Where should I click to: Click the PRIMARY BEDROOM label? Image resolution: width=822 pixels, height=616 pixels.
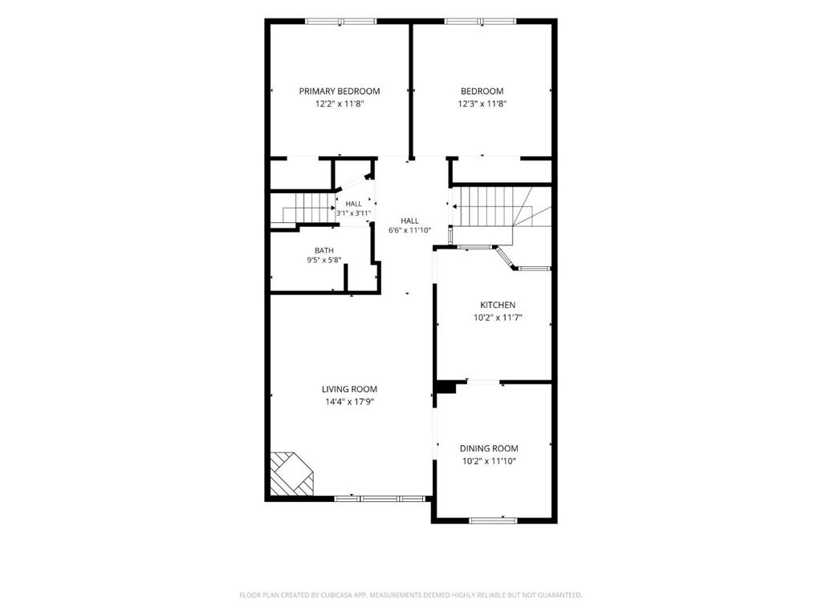click(340, 91)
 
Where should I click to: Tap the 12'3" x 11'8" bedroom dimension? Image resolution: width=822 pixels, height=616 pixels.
click(482, 103)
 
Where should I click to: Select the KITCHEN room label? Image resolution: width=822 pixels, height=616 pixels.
click(498, 305)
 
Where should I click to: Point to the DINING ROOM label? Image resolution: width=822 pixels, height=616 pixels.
click(489, 448)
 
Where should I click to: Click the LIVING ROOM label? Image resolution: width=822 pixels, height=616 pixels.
click(349, 389)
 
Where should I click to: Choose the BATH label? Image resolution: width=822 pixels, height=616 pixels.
click(324, 250)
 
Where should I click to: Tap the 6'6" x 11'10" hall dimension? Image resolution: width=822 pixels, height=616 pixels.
click(409, 230)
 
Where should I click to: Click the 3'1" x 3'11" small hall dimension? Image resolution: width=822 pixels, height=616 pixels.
click(353, 213)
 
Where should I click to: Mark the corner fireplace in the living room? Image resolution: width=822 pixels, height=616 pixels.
click(291, 473)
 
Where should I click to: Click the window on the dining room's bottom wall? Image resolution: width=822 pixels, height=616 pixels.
click(493, 520)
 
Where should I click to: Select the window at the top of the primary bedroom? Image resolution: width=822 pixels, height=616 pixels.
click(341, 22)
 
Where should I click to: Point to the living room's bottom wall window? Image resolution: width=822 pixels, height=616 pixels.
click(379, 499)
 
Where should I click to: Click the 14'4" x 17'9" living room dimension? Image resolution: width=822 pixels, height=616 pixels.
click(349, 402)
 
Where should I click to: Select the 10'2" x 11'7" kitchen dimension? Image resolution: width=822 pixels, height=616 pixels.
click(498, 318)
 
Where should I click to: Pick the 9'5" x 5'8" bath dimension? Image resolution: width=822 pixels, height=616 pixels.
click(324, 259)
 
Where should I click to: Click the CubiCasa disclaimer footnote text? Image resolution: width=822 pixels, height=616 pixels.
click(410, 595)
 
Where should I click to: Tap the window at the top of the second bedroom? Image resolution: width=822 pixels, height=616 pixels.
click(480, 22)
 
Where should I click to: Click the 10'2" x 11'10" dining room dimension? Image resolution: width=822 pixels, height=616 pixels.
click(489, 461)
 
